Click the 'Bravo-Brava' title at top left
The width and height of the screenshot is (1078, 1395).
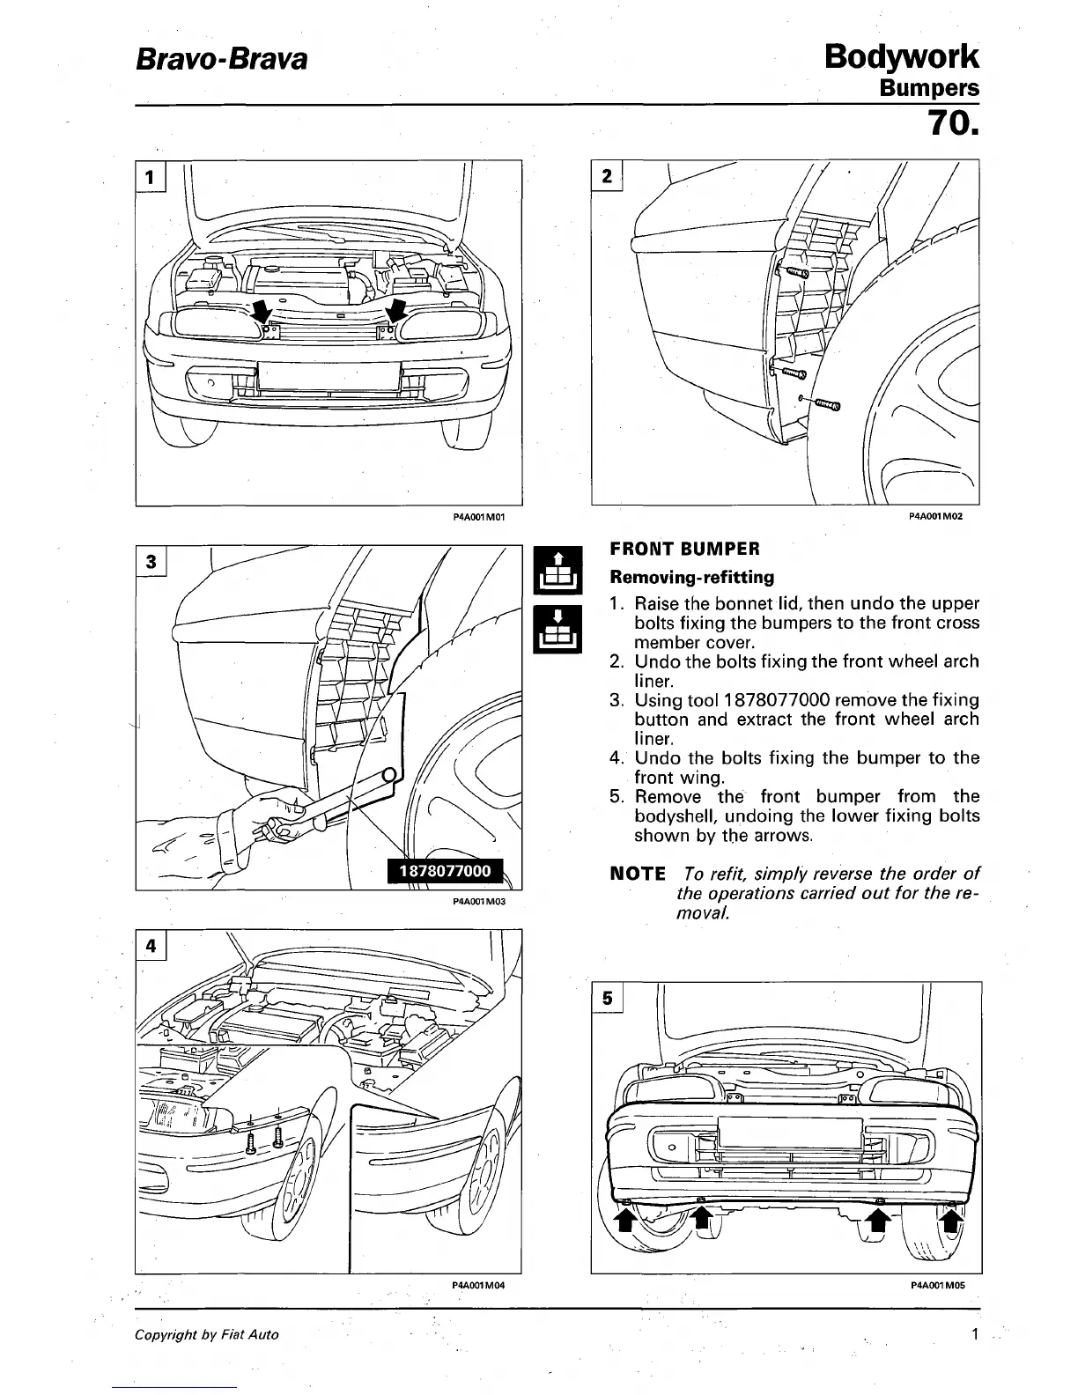pos(221,60)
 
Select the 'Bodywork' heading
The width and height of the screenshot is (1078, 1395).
pos(901,56)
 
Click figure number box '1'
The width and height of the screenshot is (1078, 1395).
pos(151,176)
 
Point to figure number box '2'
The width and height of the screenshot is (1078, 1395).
pos(607,176)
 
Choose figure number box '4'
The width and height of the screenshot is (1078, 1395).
pos(151,946)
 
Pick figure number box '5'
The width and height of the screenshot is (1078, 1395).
pos(607,998)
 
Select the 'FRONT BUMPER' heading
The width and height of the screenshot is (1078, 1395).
pos(684,550)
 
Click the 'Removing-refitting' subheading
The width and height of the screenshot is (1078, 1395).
pos(692,578)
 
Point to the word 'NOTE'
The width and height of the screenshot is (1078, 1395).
pos(638,874)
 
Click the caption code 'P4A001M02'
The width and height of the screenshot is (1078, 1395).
pos(935,517)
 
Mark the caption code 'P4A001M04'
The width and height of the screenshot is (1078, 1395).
pos(478,1286)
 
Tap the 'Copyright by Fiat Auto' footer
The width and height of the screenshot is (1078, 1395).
pos(206,1335)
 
